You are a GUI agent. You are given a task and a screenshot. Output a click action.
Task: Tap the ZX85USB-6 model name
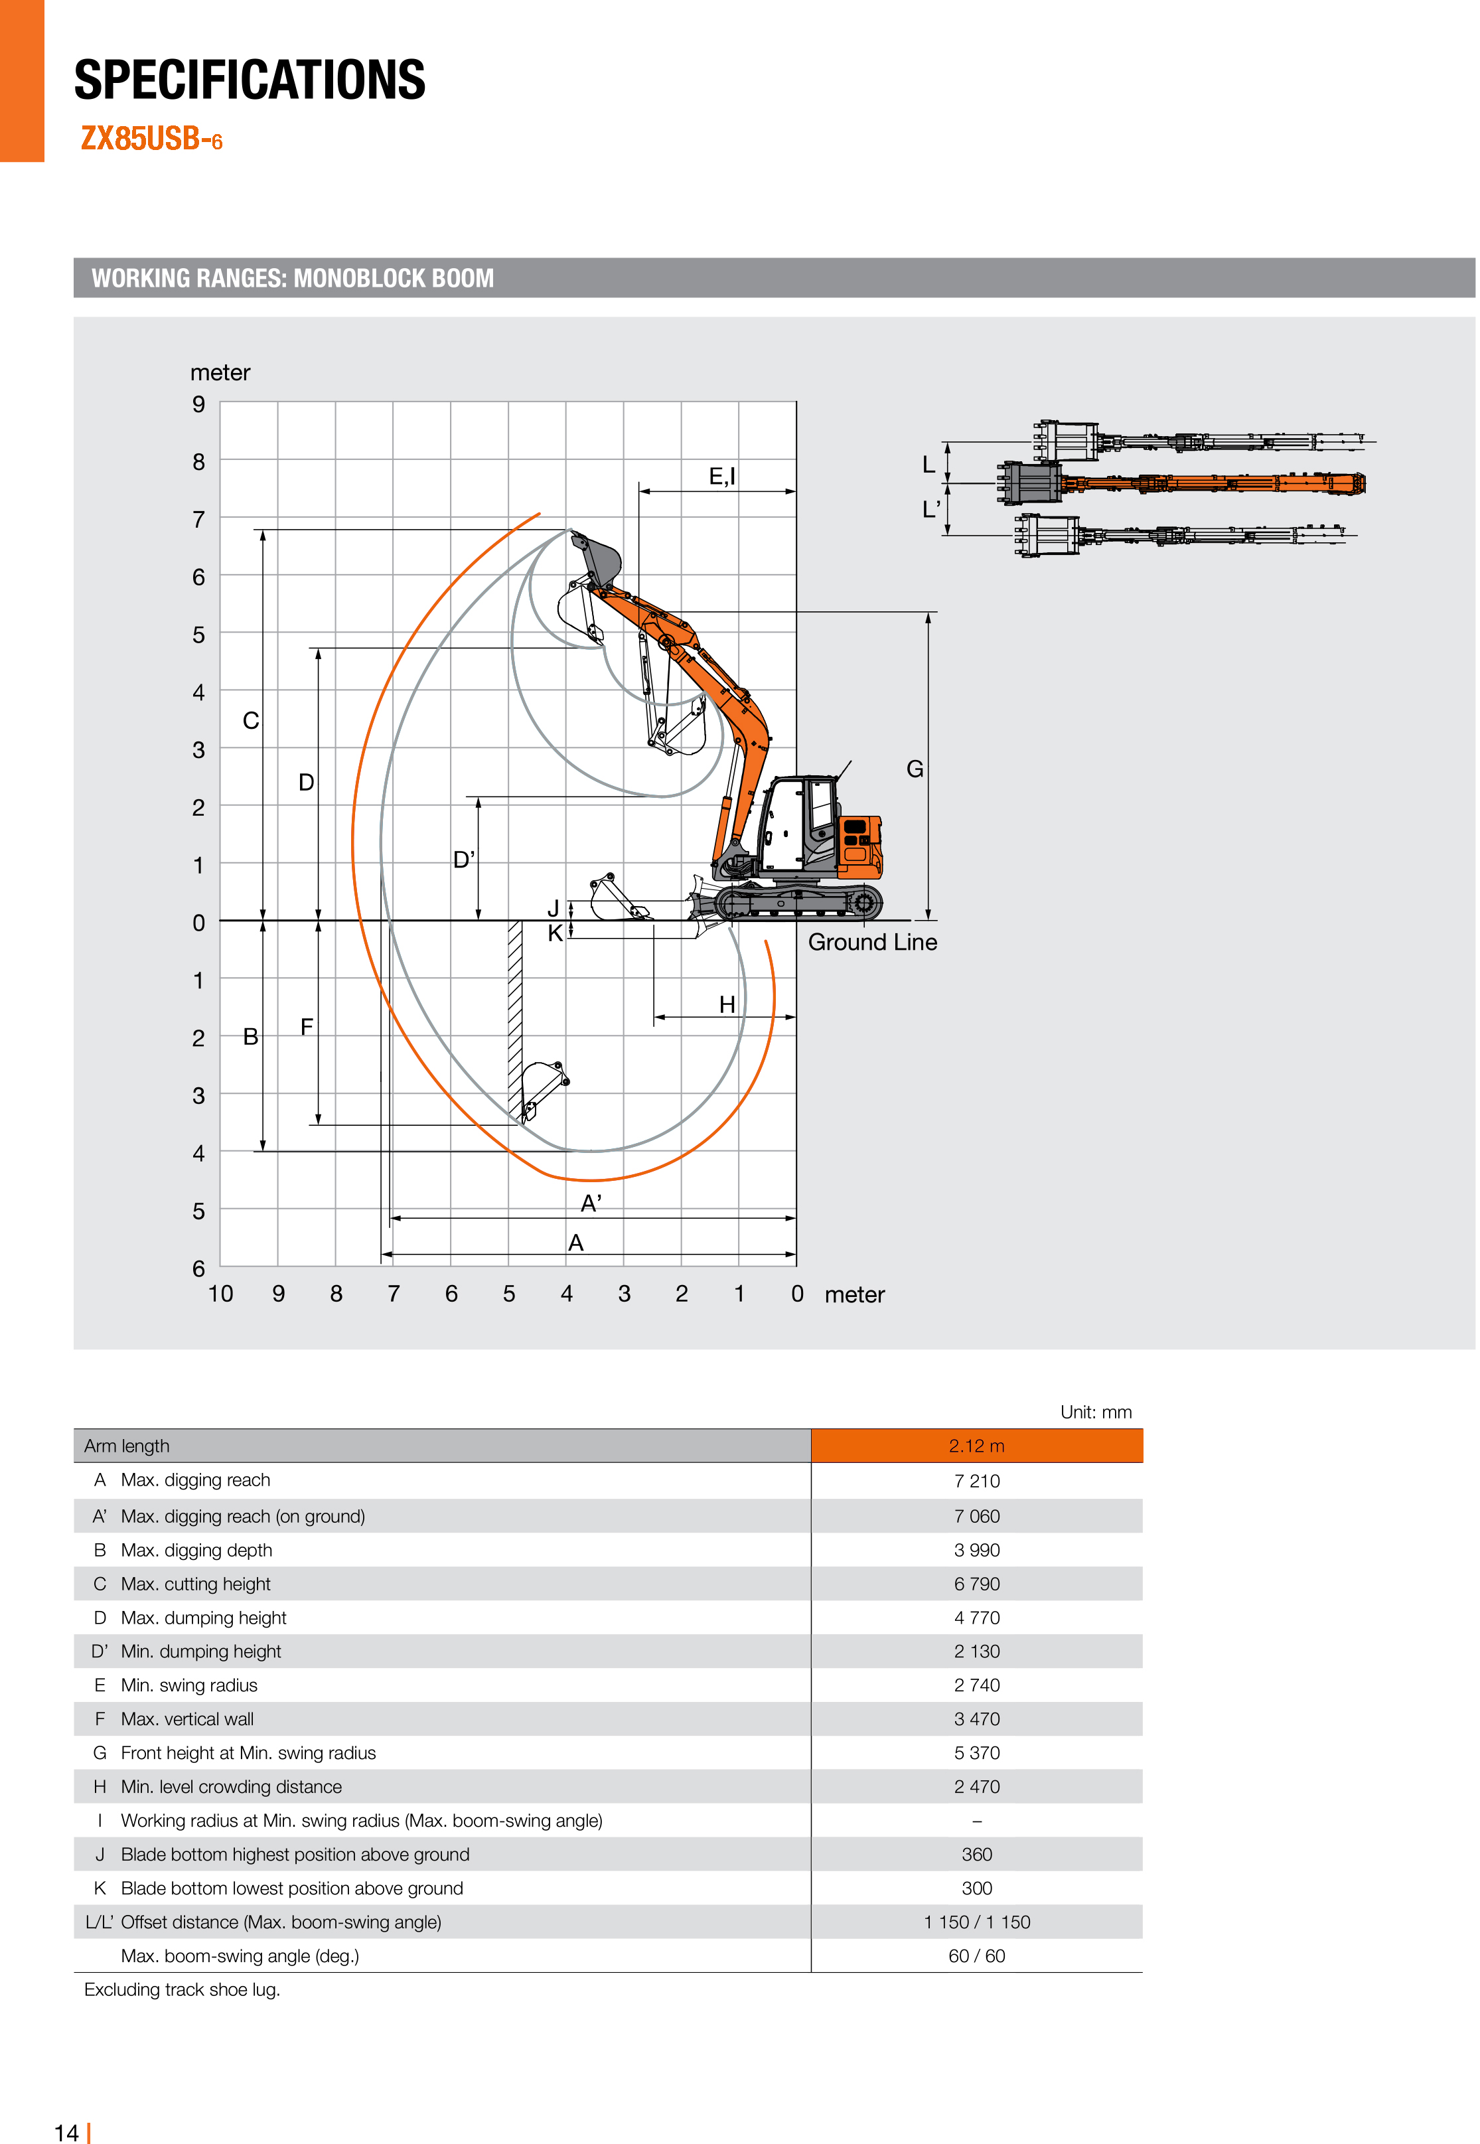point(151,139)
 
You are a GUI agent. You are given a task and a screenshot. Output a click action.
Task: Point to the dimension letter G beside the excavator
point(915,769)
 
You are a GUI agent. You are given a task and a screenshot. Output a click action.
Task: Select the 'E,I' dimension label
point(721,477)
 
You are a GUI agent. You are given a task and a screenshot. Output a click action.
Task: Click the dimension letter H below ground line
point(727,1004)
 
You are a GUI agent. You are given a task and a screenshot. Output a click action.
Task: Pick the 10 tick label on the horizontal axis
point(221,1294)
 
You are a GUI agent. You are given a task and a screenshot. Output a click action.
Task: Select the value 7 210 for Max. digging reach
point(976,1481)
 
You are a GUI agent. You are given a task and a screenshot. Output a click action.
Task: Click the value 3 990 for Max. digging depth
point(976,1549)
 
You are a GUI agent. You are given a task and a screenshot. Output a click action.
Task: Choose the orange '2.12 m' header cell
point(976,1446)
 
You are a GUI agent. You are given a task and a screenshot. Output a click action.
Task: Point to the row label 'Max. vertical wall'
point(187,1719)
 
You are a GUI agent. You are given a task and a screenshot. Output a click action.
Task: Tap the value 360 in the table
point(976,1854)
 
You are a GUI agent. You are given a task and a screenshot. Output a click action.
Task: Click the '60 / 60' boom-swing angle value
point(976,1955)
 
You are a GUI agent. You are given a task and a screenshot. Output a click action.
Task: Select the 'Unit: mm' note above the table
point(1095,1413)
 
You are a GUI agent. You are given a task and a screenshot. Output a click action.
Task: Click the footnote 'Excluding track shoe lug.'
point(182,1990)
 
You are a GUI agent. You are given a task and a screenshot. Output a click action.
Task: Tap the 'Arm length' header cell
point(127,1446)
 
